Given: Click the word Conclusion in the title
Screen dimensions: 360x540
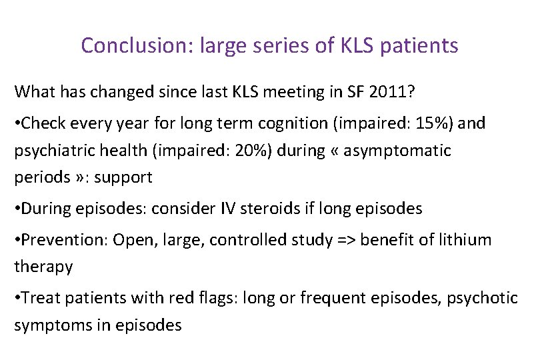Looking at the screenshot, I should point(125,45).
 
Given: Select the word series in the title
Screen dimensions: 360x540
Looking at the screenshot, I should point(249,45).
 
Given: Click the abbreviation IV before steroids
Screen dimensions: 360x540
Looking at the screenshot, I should point(227,209).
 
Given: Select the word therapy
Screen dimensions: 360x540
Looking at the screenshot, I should point(43,267).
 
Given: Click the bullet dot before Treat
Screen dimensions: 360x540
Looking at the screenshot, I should point(18,298).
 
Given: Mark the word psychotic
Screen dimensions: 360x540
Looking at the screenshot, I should point(485,298).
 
